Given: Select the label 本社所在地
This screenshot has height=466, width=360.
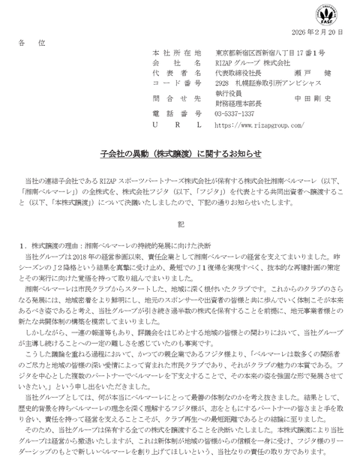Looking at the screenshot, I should (176, 53).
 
